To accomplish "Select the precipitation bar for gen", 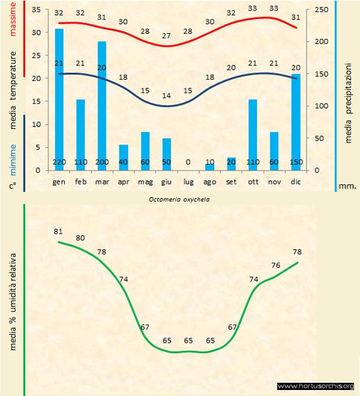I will pyautogui.click(x=59, y=96).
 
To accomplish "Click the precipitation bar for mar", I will pyautogui.click(x=102, y=102).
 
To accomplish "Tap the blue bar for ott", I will pyautogui.click(x=253, y=132).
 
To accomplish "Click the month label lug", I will pyautogui.click(x=188, y=181).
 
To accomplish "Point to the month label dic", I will pyautogui.click(x=295, y=181).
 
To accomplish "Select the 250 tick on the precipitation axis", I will pyautogui.click(x=322, y=10).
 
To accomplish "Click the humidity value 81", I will pyautogui.click(x=59, y=231).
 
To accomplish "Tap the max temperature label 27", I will pyautogui.click(x=167, y=35).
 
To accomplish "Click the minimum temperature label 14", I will pyautogui.click(x=167, y=95).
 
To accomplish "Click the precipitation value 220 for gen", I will pyautogui.click(x=59, y=162).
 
